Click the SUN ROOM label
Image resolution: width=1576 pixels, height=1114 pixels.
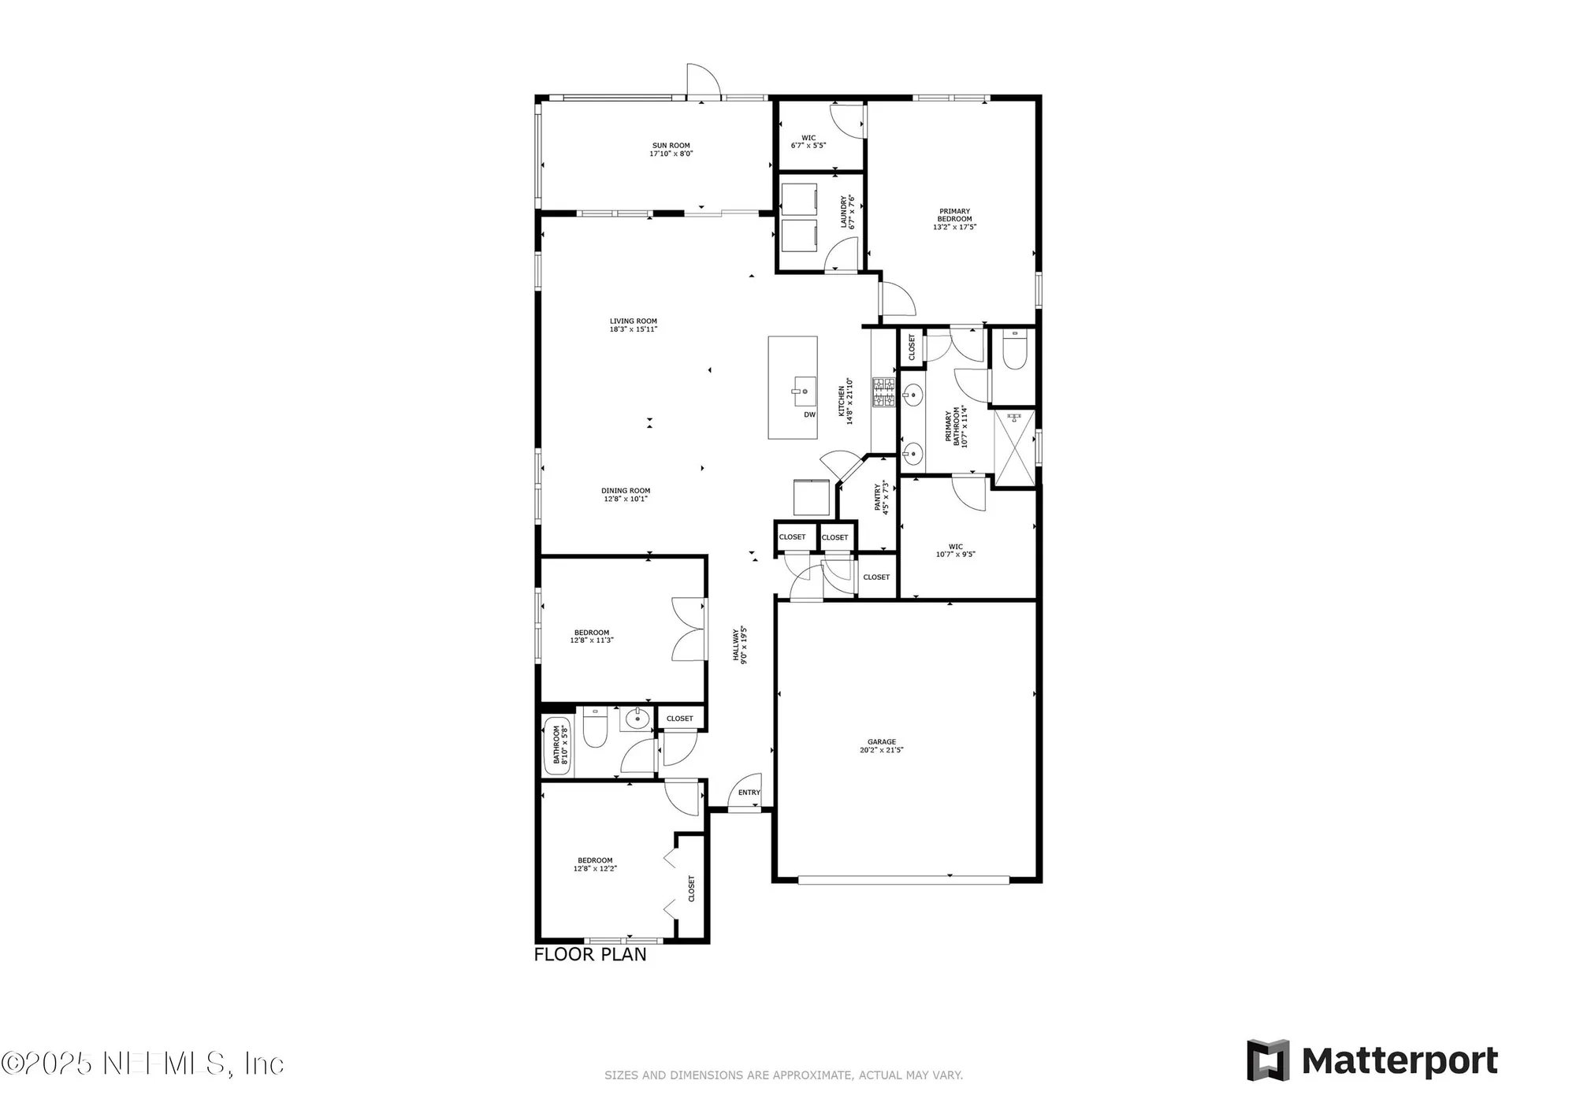671,146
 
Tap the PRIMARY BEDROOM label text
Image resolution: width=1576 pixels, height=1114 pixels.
954,215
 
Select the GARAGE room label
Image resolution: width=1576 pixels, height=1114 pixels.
882,742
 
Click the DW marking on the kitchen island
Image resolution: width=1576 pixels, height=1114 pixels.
809,414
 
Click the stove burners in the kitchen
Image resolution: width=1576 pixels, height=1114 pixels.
883,392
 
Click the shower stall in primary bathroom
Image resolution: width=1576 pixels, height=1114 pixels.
1014,447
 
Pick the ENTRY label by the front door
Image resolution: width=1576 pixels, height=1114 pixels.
749,793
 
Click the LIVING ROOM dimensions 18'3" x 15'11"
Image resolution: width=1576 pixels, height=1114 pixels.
633,329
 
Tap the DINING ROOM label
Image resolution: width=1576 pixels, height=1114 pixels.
626,491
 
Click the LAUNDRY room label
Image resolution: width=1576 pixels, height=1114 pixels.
843,212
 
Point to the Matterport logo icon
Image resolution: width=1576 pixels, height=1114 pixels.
1268,1060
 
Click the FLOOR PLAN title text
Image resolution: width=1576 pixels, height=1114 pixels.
590,955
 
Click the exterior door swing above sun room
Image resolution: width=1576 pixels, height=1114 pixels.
702,80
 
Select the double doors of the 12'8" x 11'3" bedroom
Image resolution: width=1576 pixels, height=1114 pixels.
689,629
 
